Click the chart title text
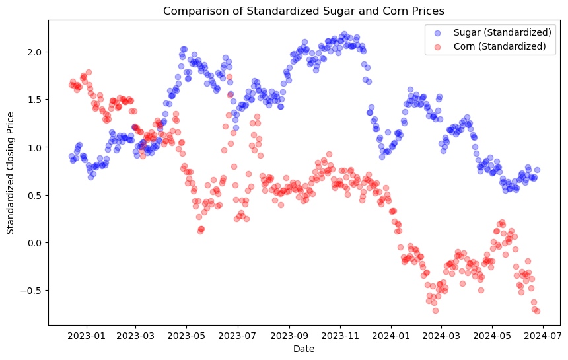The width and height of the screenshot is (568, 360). (304, 11)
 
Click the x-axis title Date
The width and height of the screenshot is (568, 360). (304, 349)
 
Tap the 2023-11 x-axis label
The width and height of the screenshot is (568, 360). (340, 336)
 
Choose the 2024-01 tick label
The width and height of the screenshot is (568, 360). (391, 336)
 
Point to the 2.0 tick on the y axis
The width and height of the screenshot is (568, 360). (36, 52)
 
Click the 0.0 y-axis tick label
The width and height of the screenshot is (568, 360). (36, 243)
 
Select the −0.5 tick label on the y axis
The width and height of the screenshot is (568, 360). (32, 291)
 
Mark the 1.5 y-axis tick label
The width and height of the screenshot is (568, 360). (36, 100)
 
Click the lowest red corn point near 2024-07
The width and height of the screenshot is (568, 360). (537, 311)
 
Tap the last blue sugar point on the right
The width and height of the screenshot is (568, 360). (537, 170)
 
